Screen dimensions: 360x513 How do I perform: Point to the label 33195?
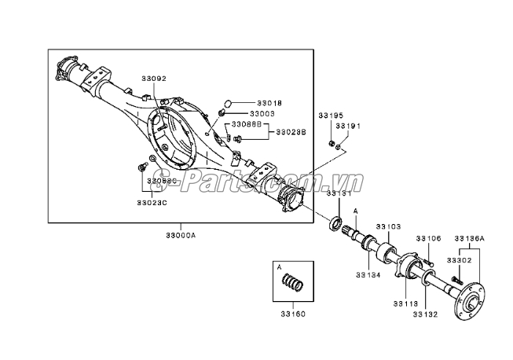click(330, 115)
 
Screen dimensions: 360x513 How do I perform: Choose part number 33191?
click(347, 126)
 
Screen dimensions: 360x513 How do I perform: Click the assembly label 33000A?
click(180, 235)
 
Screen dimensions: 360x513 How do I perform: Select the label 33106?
click(429, 238)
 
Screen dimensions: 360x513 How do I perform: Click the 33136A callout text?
click(472, 238)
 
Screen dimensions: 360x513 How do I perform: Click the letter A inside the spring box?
click(279, 266)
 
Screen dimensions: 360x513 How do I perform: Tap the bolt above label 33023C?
click(141, 167)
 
